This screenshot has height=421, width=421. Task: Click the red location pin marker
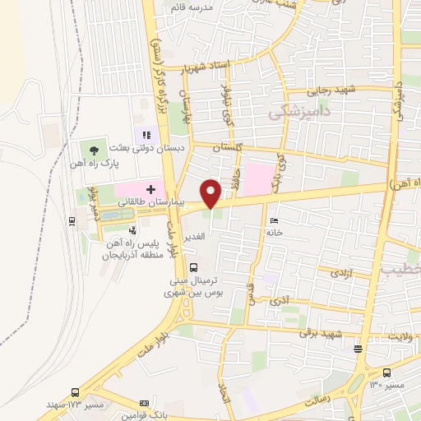211,193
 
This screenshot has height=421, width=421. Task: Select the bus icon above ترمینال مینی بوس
194,267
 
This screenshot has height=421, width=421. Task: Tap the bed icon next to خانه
274,220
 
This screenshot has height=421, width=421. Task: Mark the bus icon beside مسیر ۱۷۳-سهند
76,393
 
